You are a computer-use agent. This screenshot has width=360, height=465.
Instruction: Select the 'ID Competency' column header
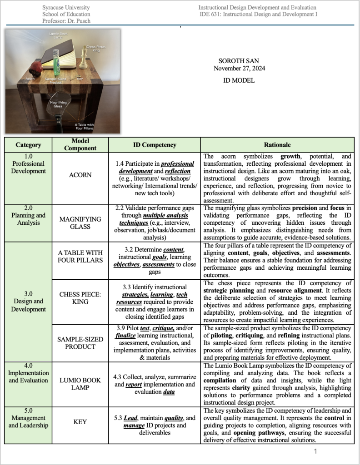click(x=155, y=145)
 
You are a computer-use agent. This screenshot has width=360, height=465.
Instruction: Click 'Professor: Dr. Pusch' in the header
click(x=66, y=20)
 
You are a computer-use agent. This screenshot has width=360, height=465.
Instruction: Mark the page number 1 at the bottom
click(x=315, y=451)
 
